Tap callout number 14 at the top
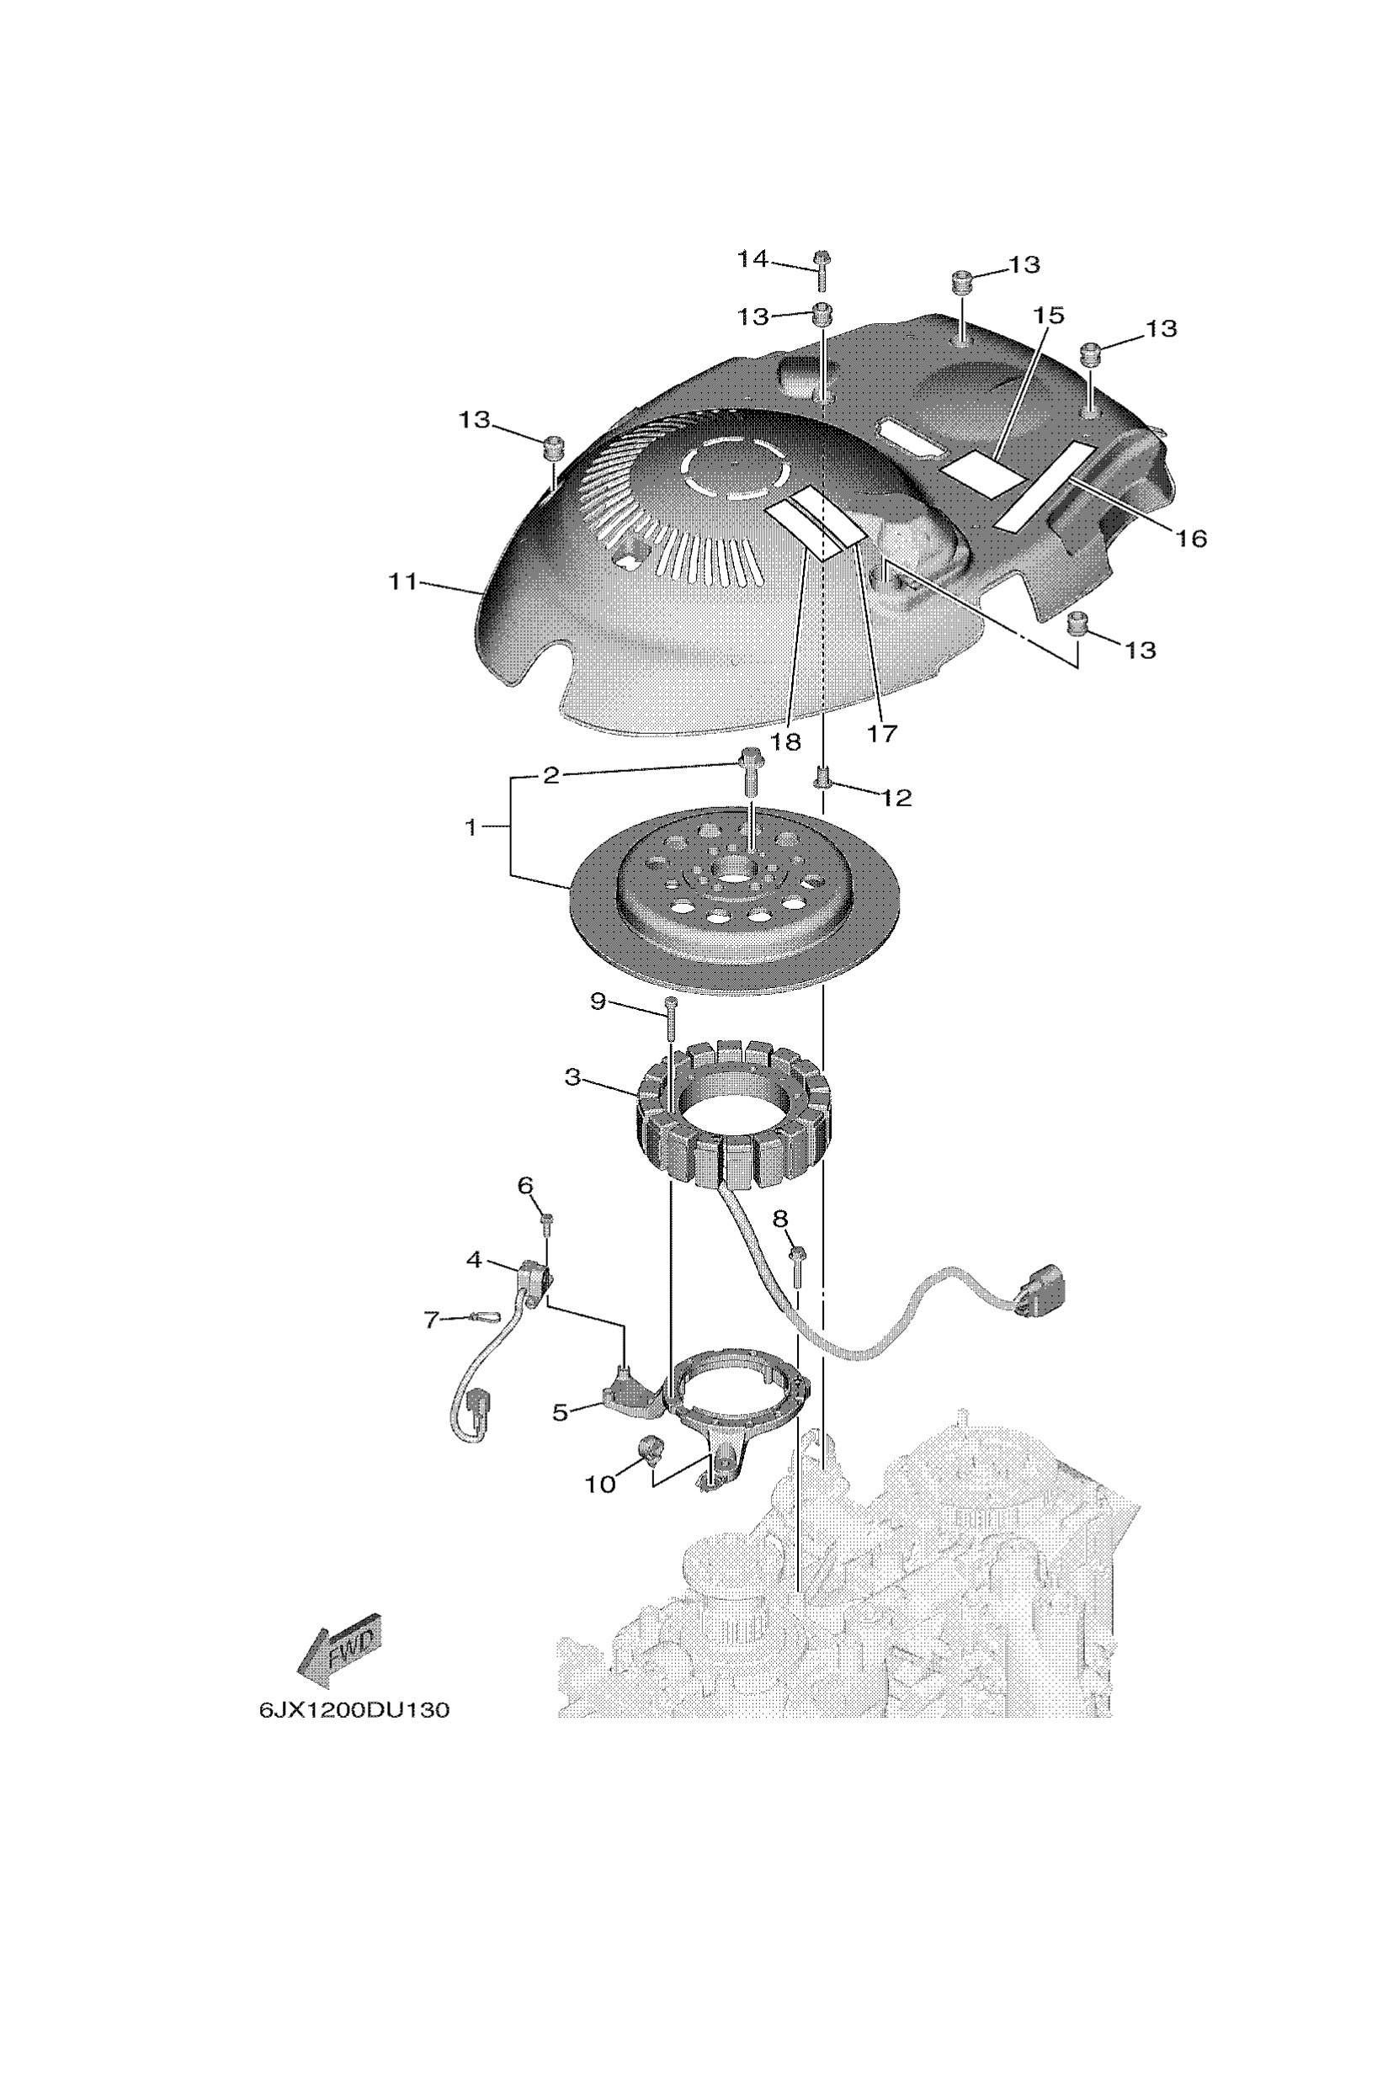coord(753,259)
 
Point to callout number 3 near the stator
coord(572,1078)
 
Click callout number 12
coord(896,798)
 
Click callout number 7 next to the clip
coord(431,1320)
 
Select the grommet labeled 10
coord(650,1449)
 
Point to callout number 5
coord(560,1414)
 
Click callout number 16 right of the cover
coord(1193,537)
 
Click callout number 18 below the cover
coord(785,741)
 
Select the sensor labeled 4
coord(534,1278)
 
